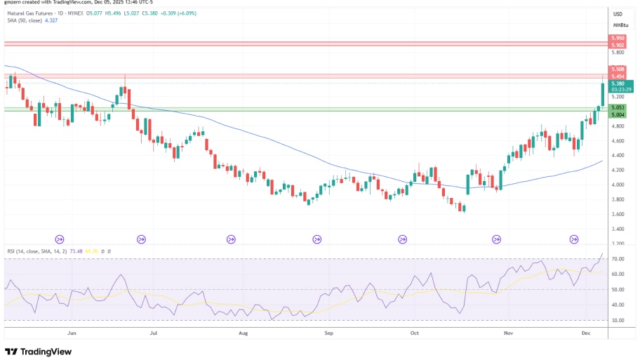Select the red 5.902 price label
618,46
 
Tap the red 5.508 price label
618,69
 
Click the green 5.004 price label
618,114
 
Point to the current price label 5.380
618,84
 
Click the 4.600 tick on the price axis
618,141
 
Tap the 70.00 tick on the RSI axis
618,259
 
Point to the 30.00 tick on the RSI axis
618,320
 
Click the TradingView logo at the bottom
39,351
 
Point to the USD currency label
618,14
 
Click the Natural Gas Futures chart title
35,13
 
